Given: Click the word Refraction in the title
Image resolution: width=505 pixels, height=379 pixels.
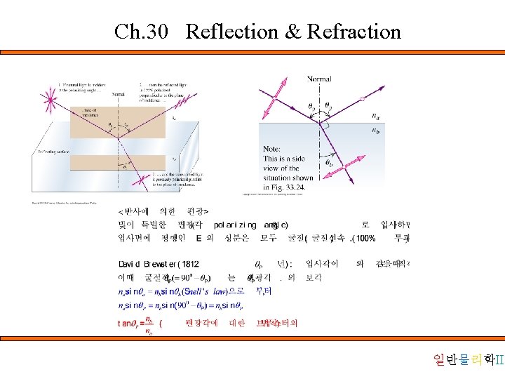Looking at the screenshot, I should [x=354, y=32].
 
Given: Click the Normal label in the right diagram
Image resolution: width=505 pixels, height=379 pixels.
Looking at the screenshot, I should [x=319, y=79].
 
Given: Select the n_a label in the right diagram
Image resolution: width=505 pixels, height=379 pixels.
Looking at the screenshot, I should [x=377, y=117].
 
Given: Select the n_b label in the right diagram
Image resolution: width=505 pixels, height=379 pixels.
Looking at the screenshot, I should [x=377, y=131].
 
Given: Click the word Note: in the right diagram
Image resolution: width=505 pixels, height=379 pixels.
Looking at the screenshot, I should [x=272, y=149].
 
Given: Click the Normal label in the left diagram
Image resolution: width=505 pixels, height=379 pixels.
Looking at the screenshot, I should [x=118, y=93].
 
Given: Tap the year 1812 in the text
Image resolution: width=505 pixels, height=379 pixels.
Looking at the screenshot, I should [x=189, y=264].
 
